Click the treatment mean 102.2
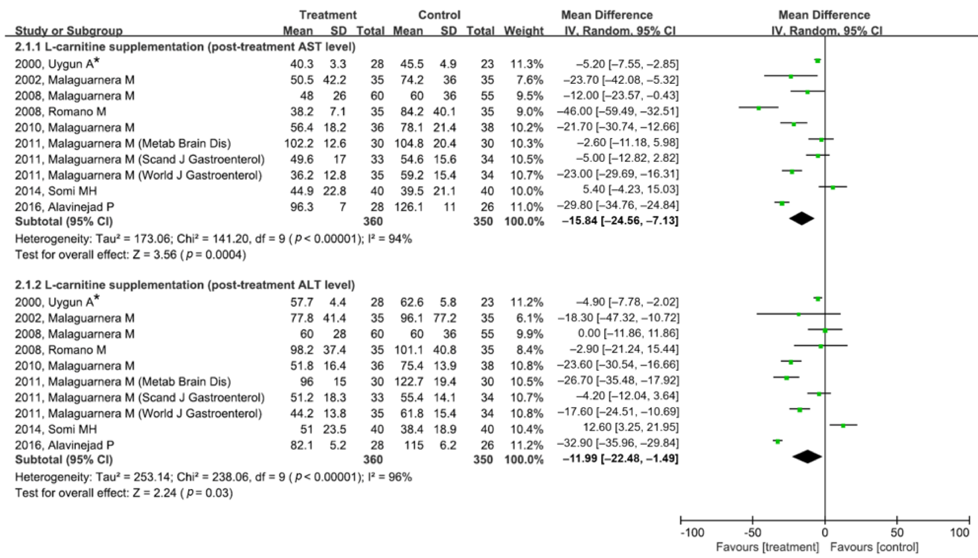tap(299, 143)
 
